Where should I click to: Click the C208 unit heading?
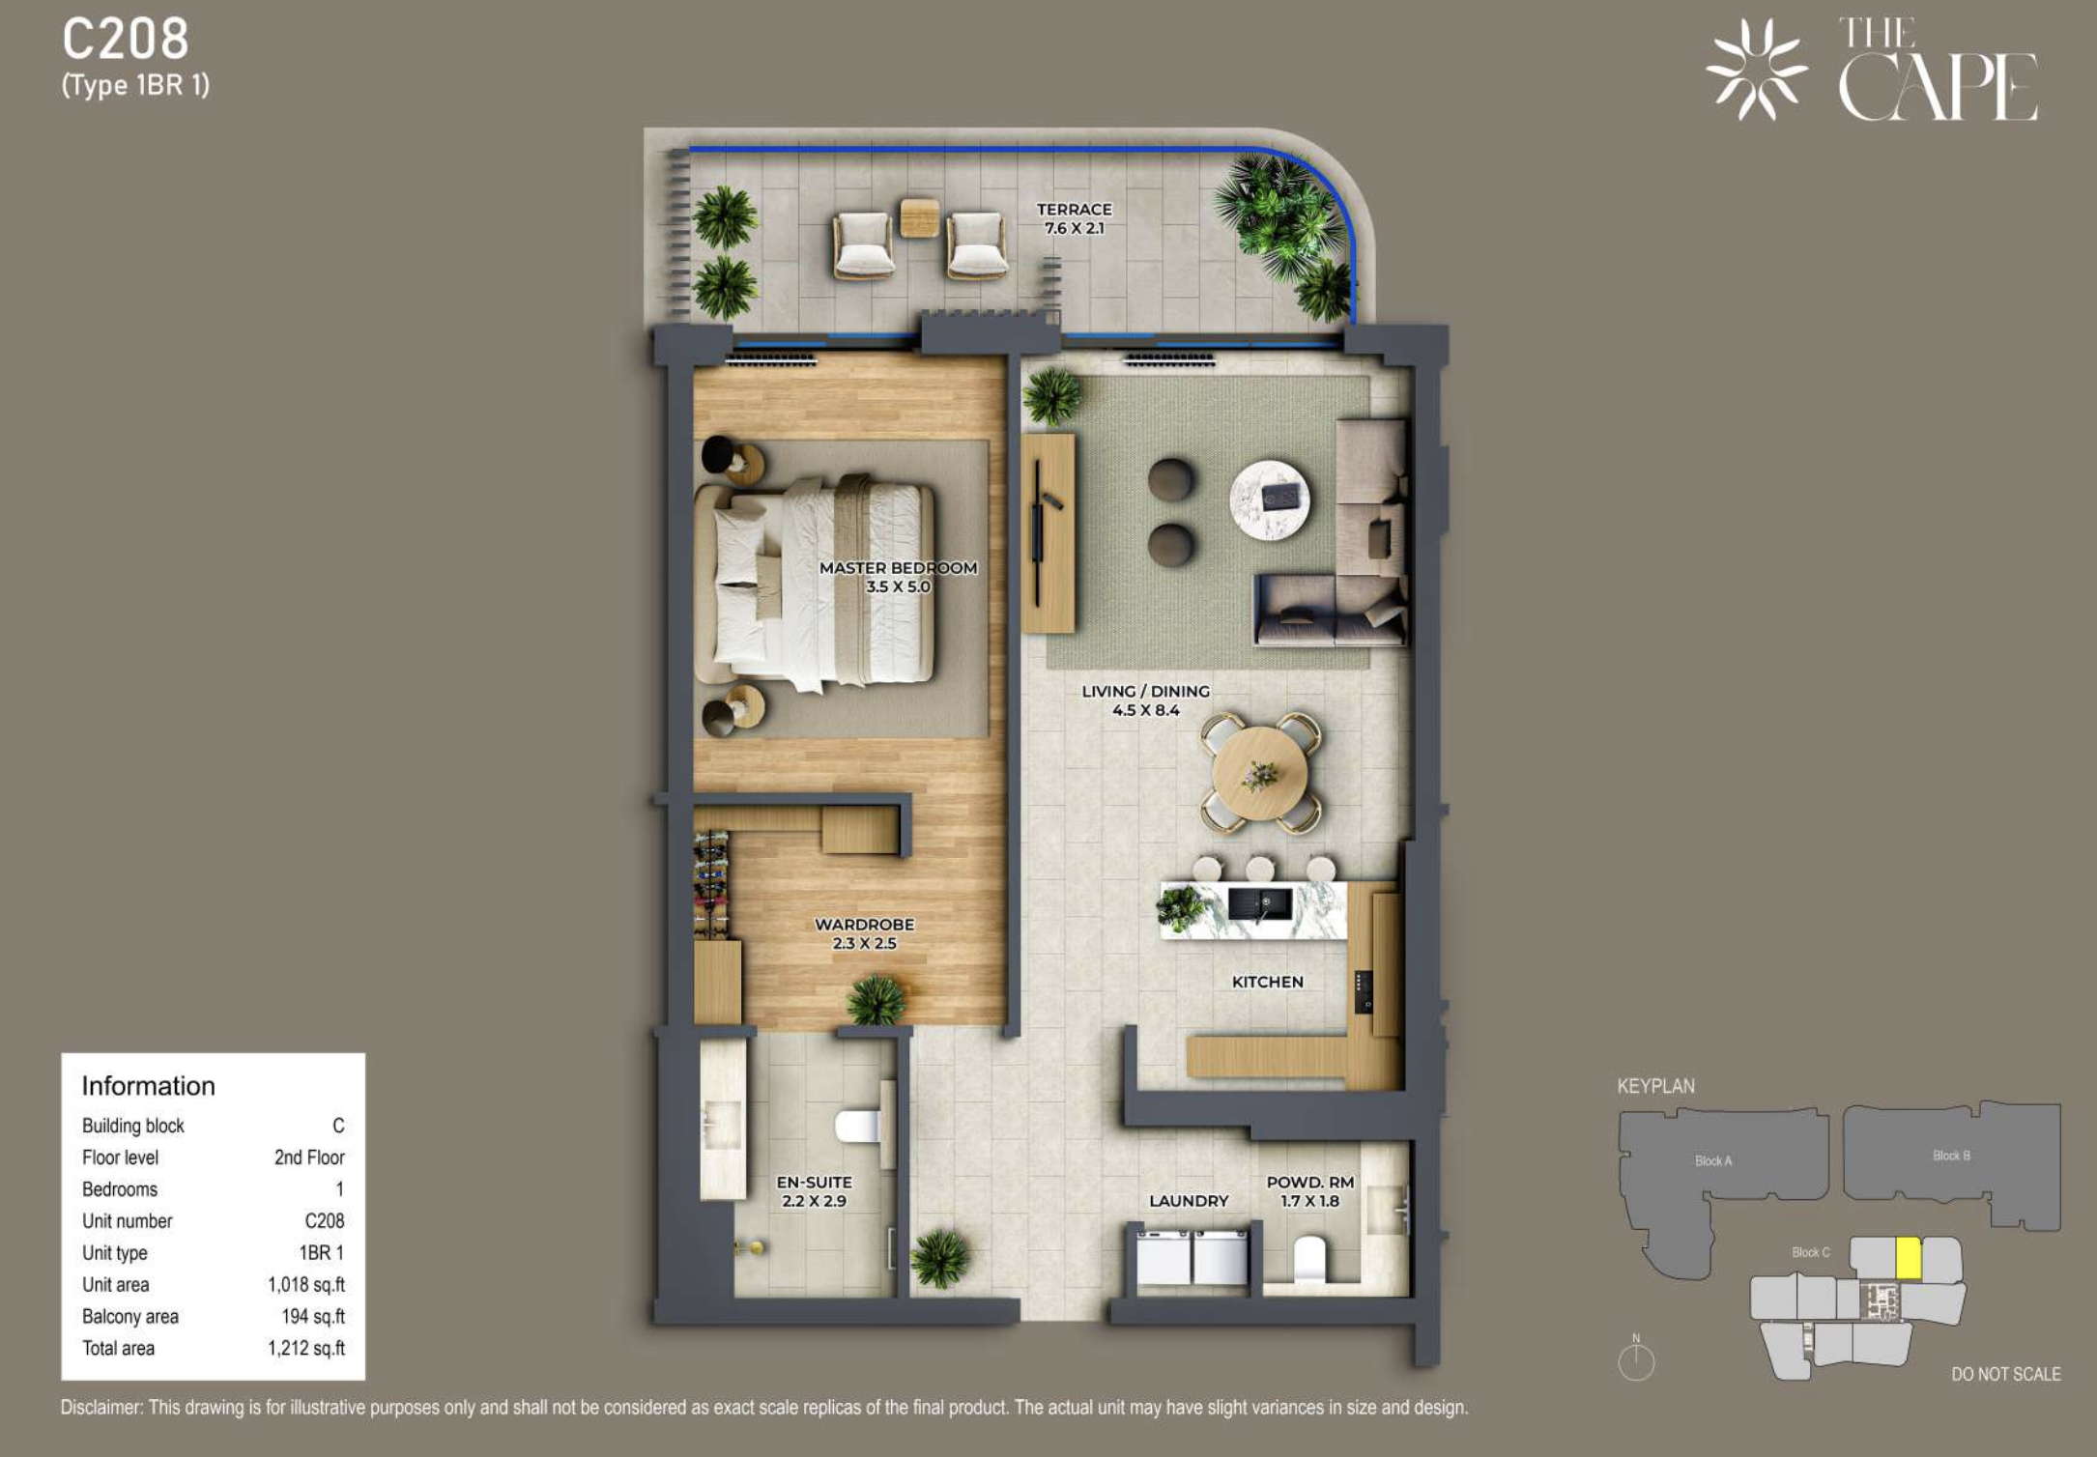click(126, 40)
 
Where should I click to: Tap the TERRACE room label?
click(1074, 210)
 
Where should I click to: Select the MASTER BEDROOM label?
click(898, 568)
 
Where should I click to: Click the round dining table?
click(1260, 773)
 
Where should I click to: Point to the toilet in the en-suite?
click(858, 1126)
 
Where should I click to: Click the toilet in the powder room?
click(1309, 1259)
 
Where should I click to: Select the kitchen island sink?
click(1260, 904)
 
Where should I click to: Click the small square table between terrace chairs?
click(919, 217)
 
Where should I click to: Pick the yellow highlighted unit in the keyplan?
click(1908, 1258)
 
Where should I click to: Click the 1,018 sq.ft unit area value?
click(306, 1285)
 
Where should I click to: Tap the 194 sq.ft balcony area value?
click(313, 1317)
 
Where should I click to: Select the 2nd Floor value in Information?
click(309, 1157)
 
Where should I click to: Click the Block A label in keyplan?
click(1713, 1160)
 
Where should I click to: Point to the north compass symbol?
click(1636, 1360)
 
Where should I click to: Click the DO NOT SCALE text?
click(2005, 1374)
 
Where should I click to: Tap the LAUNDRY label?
click(1189, 1201)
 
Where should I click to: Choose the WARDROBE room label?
click(864, 925)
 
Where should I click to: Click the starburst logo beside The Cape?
click(1756, 70)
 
